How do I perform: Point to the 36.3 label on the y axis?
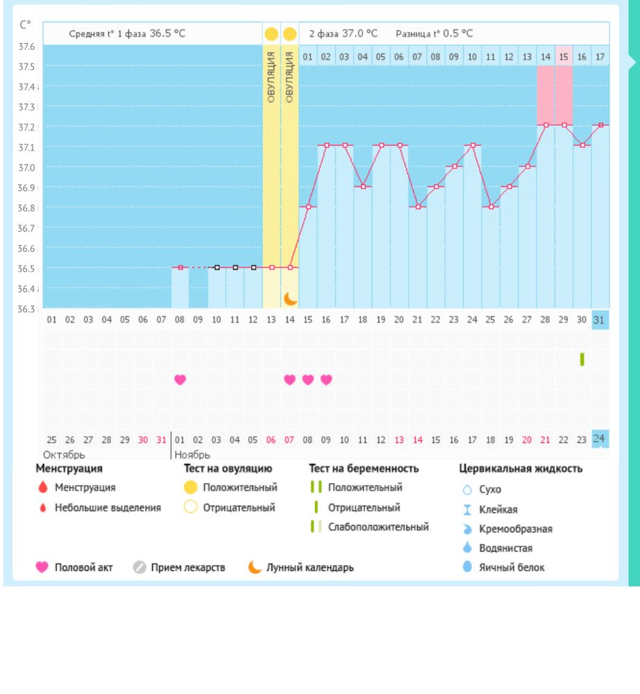[x=27, y=309]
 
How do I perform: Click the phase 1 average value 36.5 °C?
[x=167, y=33]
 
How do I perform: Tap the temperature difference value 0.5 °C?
[x=458, y=33]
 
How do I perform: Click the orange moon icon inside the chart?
[x=290, y=298]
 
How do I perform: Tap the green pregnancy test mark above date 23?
[x=582, y=359]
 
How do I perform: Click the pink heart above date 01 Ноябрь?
[x=180, y=380]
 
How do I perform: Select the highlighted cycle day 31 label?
[x=600, y=320]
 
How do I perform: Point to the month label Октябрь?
[x=64, y=455]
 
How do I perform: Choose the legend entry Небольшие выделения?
[x=108, y=507]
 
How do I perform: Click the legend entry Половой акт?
[x=83, y=567]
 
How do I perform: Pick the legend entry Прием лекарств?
[x=188, y=567]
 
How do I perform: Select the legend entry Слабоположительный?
[x=378, y=527]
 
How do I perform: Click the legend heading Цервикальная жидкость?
[x=521, y=468]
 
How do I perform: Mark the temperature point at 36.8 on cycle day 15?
[x=308, y=207]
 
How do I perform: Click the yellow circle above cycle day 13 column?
[x=271, y=33]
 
